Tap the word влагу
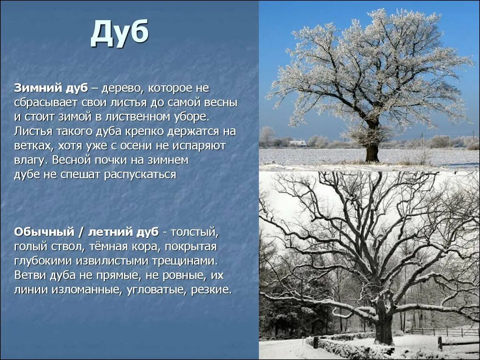30,160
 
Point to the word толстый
194,232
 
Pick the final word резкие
211,289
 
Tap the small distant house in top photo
298,143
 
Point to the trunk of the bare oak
384,328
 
